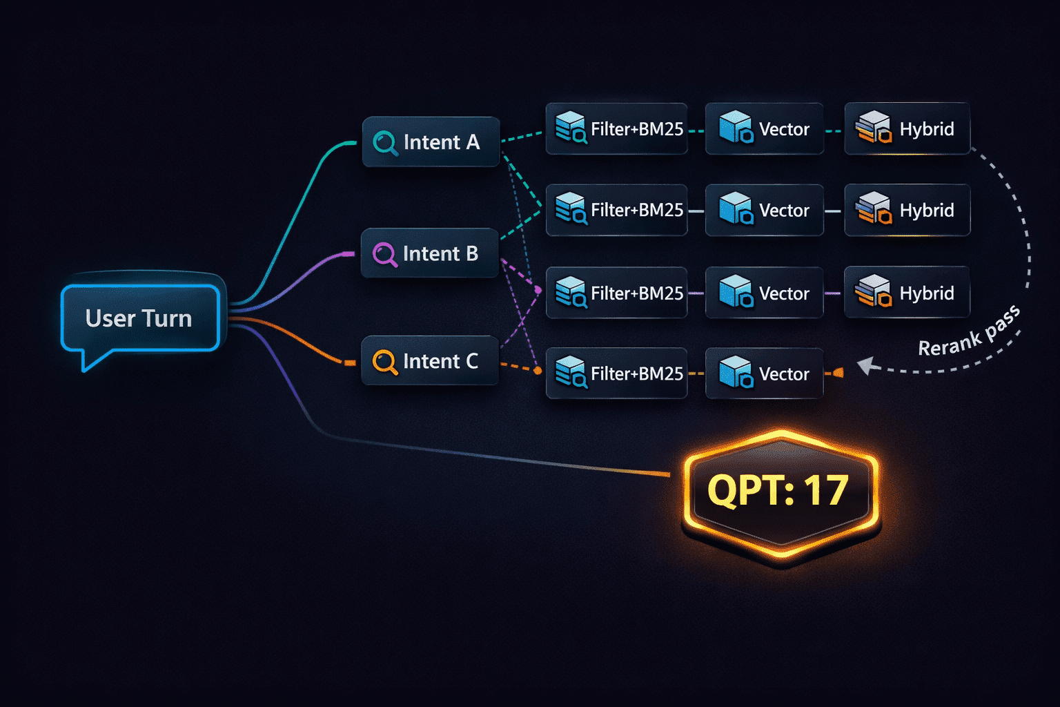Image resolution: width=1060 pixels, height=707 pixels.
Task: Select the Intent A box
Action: pyautogui.click(x=431, y=142)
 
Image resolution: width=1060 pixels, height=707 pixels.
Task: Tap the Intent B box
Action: pyautogui.click(x=430, y=253)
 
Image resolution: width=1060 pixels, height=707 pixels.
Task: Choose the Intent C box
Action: pyautogui.click(x=430, y=360)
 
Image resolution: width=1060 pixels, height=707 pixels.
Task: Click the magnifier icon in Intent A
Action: pyautogui.click(x=385, y=142)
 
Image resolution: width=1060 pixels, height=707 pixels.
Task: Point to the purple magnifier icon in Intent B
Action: pyautogui.click(x=384, y=254)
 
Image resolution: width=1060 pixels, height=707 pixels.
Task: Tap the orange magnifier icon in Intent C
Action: pyautogui.click(x=384, y=362)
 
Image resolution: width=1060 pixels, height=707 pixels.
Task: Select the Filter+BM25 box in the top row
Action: pyautogui.click(x=616, y=129)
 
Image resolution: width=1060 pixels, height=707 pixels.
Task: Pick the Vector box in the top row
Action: pyautogui.click(x=764, y=129)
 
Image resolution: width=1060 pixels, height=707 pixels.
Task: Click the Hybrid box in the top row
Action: pyautogui.click(x=907, y=129)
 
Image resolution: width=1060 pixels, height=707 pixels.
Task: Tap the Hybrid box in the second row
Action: pyautogui.click(x=907, y=210)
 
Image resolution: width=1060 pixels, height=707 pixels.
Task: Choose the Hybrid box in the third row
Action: pyautogui.click(x=907, y=292)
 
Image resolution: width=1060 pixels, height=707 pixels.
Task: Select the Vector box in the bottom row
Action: pyautogui.click(x=764, y=373)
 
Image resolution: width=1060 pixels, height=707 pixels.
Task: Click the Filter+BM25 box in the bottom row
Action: pyautogui.click(x=616, y=373)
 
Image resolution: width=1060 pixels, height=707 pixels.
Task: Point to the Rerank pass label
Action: pyautogui.click(x=969, y=331)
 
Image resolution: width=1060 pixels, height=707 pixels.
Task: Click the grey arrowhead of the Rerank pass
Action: pyautogui.click(x=867, y=365)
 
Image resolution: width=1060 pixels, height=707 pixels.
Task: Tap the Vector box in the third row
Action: pyautogui.click(x=764, y=292)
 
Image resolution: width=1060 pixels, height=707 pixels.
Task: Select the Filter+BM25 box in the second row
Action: pyautogui.click(x=616, y=210)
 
